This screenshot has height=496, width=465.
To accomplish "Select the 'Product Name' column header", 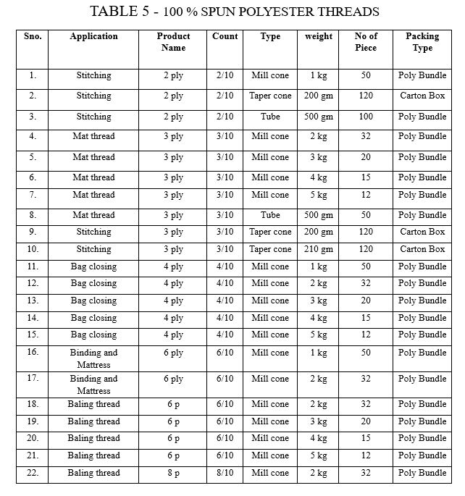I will point(174,42).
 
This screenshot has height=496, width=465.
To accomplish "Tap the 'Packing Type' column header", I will point(422,42).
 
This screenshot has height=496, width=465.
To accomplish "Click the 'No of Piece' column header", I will point(366,42).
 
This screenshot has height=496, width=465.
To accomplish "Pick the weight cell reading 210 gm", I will point(319,249).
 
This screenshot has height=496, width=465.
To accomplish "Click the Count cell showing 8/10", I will point(225,473).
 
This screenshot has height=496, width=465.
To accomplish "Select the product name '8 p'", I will point(174,473).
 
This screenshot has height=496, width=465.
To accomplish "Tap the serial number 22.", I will point(33,473).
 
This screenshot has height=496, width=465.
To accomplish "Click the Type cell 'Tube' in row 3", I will point(270,117).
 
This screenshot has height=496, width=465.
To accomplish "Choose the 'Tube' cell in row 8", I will point(270,215).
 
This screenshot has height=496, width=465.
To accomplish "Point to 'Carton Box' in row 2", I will point(422,96).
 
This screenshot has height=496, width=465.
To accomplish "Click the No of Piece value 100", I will point(366,117).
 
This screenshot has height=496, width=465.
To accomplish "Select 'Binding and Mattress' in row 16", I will point(93,358).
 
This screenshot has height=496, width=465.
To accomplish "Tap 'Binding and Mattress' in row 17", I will point(93,384).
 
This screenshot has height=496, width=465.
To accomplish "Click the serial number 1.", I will point(33,75).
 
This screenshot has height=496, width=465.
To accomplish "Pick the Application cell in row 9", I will point(93,232).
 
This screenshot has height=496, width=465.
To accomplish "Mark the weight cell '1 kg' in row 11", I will point(319,266).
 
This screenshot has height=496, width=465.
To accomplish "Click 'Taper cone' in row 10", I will point(270,249).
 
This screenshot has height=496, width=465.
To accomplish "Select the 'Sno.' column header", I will point(33,36).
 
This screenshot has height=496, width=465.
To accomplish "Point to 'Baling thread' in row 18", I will point(93,404).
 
